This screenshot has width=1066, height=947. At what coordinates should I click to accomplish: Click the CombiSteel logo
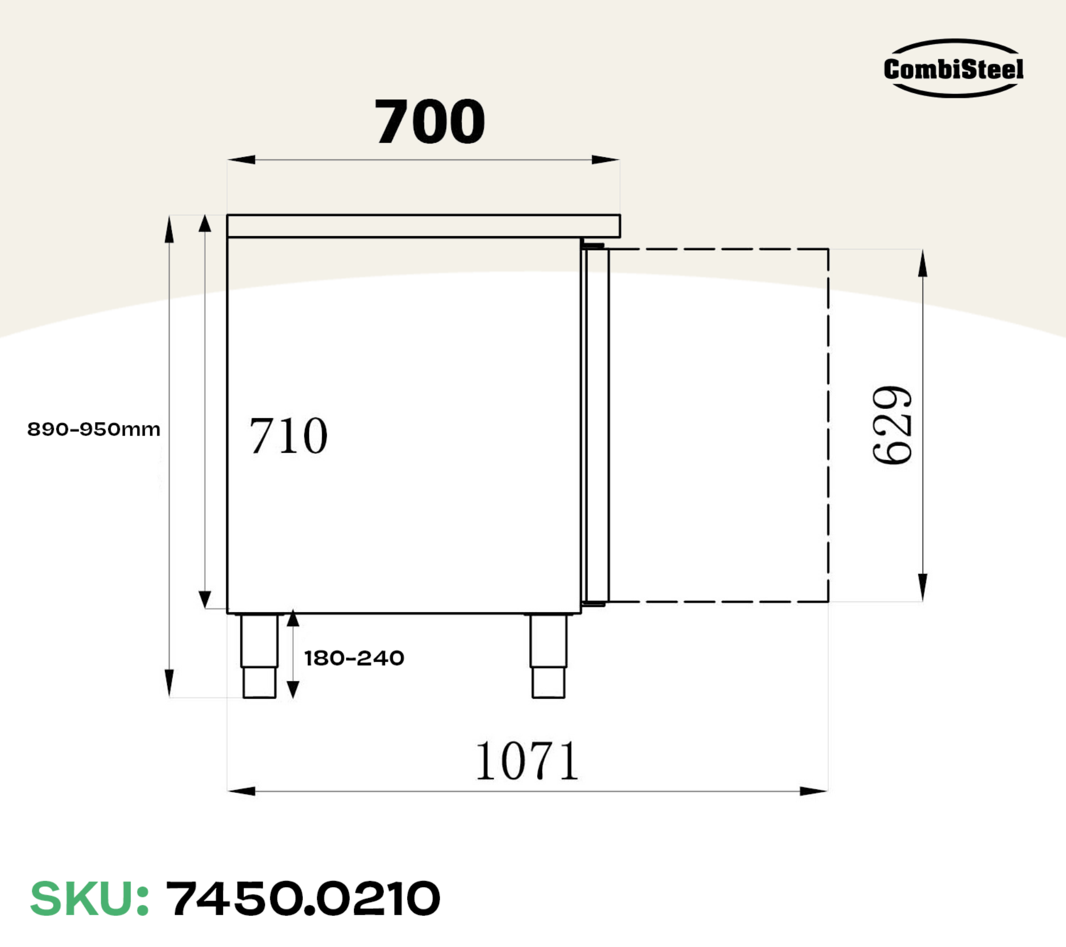point(953,69)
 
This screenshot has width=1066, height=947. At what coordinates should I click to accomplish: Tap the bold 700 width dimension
point(430,122)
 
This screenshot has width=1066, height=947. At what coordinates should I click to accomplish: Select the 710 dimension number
point(288,436)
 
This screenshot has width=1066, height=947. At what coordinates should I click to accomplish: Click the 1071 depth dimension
point(527,761)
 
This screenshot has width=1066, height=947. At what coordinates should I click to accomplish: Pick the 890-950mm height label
point(94,429)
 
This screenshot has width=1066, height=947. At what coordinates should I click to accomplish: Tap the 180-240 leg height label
point(354,658)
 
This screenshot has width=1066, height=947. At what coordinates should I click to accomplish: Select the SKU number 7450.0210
point(303,899)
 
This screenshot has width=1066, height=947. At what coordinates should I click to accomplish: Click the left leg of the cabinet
point(259,656)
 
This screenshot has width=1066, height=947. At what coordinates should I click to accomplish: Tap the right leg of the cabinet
point(548,656)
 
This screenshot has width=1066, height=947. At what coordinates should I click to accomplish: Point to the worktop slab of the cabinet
point(423,226)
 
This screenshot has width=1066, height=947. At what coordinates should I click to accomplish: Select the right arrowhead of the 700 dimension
point(606,159)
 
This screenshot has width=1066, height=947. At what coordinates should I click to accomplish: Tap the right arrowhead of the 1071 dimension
point(814,791)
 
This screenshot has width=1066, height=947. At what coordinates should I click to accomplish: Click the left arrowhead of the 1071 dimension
point(241,791)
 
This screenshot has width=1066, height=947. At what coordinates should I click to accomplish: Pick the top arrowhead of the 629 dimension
point(923,263)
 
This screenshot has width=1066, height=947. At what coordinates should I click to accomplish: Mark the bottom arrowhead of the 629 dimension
point(923,588)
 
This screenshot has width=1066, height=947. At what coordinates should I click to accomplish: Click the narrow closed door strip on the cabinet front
point(596,425)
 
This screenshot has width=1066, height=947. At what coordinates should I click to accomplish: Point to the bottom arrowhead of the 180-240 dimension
point(293,689)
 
